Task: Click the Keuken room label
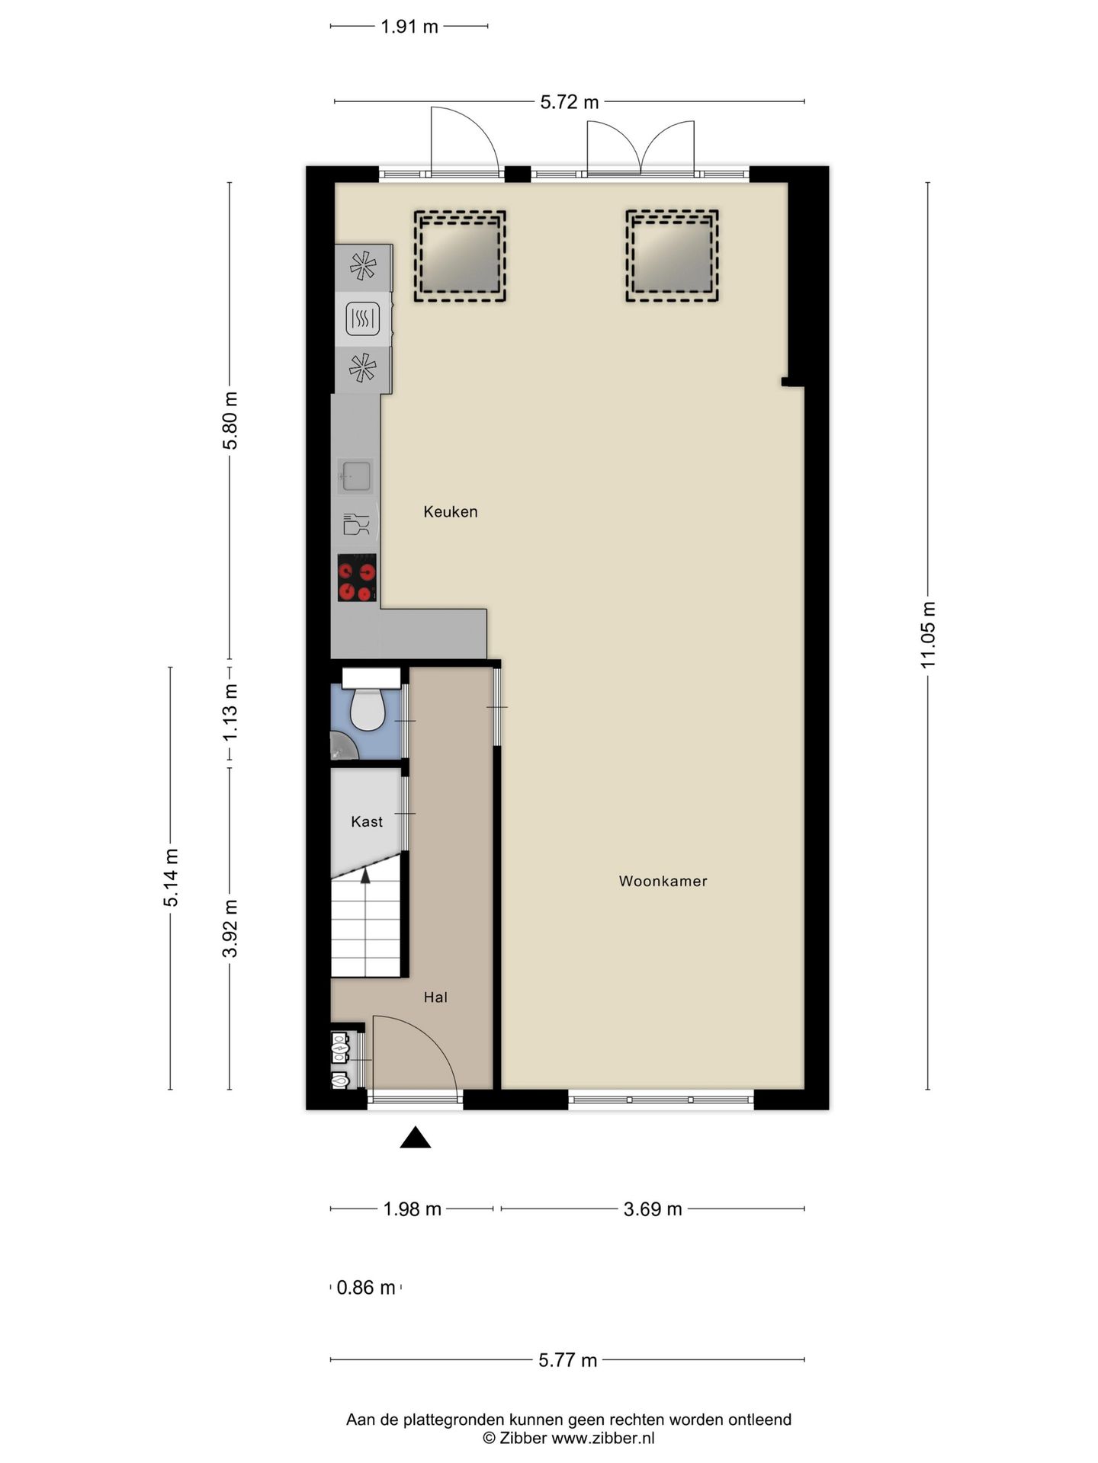point(451,512)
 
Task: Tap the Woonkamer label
point(663,882)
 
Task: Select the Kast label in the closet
point(367,821)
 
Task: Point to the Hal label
point(435,997)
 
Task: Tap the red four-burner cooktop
point(357,578)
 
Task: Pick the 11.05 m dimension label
point(928,635)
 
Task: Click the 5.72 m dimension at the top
point(570,102)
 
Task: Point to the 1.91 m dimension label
point(409,27)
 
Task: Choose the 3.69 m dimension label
point(653,1209)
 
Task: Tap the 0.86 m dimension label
point(366,1288)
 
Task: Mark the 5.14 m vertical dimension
point(171,878)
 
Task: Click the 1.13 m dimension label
point(230,712)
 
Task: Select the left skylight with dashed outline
point(460,256)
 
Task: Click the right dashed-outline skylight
point(673,256)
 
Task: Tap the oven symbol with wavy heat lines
point(362,319)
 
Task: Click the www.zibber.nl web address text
point(603,1439)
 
